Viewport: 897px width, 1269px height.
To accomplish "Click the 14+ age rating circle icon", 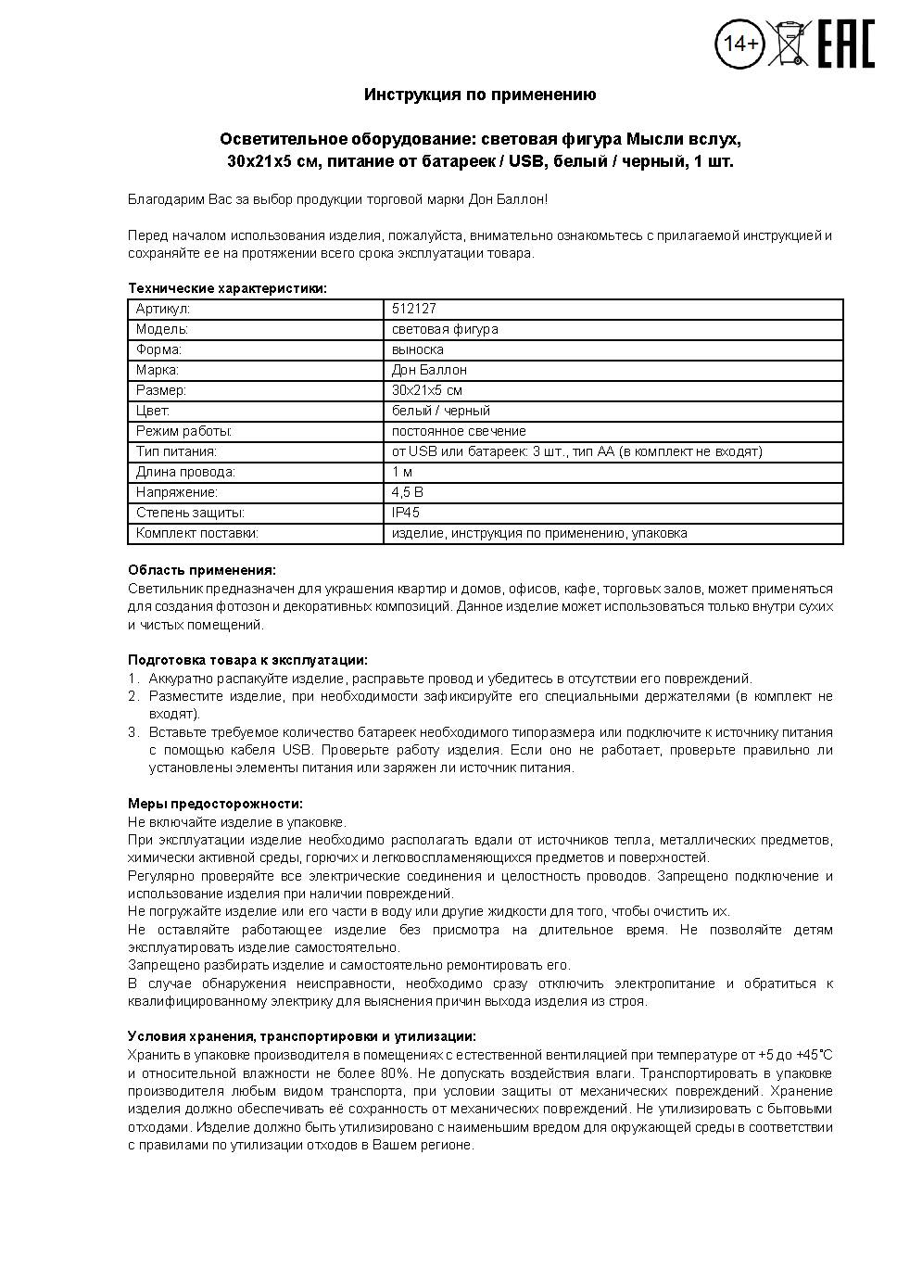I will click(x=740, y=44).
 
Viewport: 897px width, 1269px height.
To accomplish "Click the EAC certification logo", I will click(x=845, y=43).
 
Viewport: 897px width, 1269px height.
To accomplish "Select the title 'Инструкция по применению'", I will click(x=480, y=95).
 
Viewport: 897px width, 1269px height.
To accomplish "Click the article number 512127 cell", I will click(x=414, y=309).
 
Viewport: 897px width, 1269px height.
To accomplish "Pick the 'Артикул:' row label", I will click(x=162, y=309).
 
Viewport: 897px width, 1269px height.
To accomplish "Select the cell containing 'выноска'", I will click(x=418, y=349).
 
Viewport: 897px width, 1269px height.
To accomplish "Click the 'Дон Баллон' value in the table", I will click(x=429, y=370).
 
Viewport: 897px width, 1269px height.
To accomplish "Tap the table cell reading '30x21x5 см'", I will click(x=427, y=390).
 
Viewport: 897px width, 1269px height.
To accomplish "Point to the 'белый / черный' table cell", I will click(x=441, y=411).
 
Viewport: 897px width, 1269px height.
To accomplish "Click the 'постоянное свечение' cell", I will click(x=459, y=431).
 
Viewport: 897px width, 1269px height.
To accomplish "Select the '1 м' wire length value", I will click(x=402, y=472).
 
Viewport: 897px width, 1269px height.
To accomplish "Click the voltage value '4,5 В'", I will click(x=408, y=492).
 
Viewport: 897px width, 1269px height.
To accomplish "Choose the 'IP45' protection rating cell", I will click(x=406, y=513).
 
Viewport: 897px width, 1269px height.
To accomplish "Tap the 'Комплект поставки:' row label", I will click(x=196, y=533).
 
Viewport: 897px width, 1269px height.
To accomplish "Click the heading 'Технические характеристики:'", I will click(x=227, y=288).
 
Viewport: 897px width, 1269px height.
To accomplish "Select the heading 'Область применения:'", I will click(x=201, y=570).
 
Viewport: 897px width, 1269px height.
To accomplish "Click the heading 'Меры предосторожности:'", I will click(x=215, y=804).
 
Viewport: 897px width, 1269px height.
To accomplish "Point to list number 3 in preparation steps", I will click(x=133, y=732).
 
